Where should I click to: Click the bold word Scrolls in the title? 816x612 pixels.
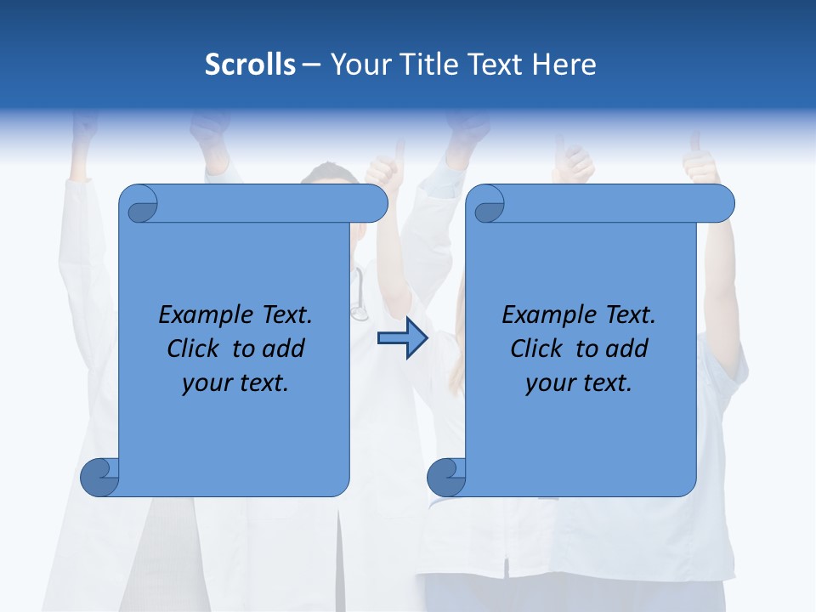coord(251,64)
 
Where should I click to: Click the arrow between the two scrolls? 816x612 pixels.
coord(402,338)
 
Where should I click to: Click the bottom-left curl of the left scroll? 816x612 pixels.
coord(100,477)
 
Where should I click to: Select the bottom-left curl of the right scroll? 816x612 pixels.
coord(447,477)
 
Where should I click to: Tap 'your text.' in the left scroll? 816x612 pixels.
coord(235,382)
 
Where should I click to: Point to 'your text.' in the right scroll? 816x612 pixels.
coord(579,382)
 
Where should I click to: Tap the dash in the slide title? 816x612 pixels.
coord(312,64)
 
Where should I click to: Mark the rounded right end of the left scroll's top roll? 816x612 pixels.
coord(374,203)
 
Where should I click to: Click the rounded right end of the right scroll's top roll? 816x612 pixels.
coord(721,203)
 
